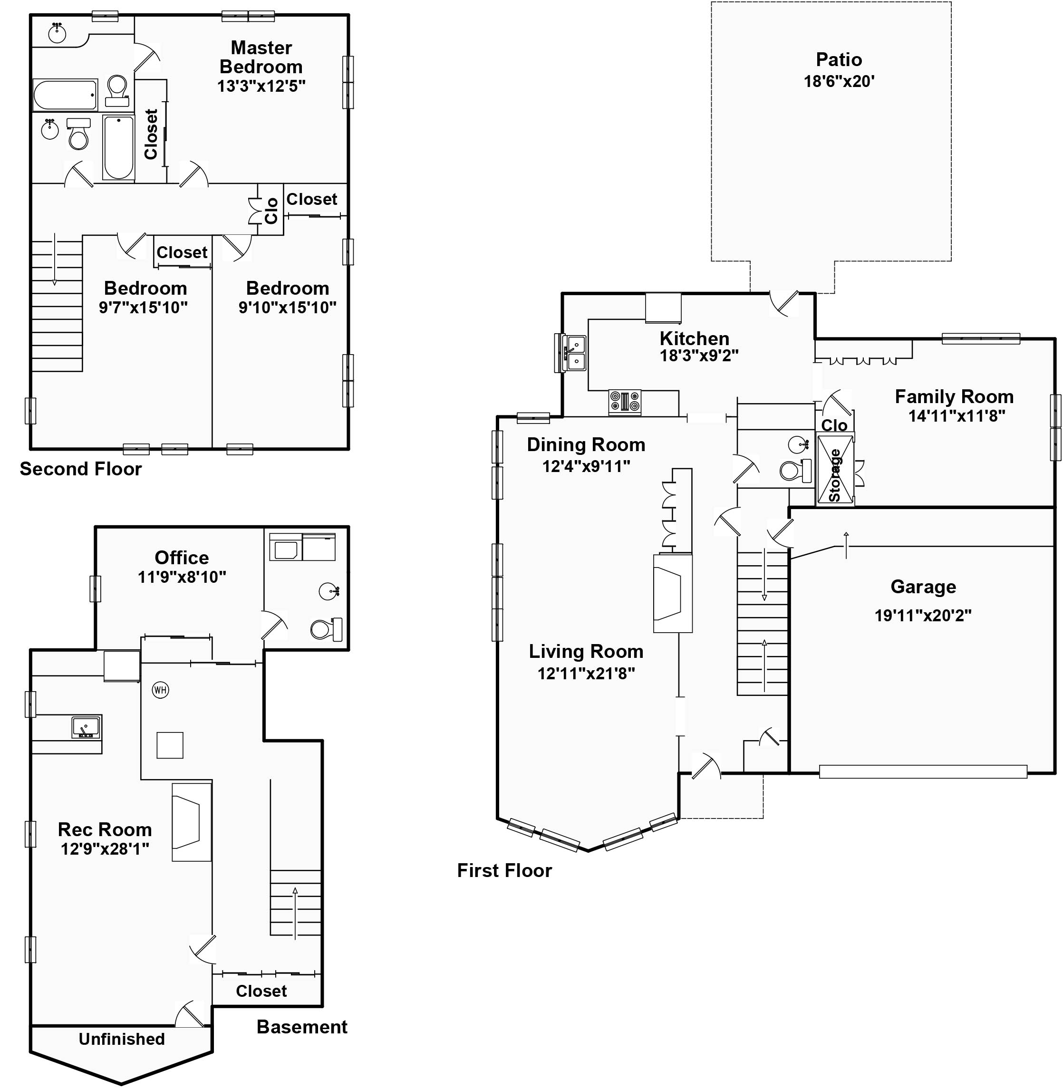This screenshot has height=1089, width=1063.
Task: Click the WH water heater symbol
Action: (160, 690)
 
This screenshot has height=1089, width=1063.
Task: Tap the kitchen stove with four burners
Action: (625, 402)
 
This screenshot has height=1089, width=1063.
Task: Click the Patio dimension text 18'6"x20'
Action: (839, 81)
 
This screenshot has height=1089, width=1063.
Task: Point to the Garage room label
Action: (923, 587)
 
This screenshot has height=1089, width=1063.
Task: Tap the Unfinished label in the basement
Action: (122, 1039)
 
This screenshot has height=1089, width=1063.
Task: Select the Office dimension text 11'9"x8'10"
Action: (182, 577)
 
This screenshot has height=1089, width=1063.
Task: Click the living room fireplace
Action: (672, 593)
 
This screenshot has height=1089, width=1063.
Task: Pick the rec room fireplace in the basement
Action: (191, 822)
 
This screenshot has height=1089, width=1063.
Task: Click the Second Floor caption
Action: (81, 469)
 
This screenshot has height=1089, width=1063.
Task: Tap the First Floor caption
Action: (504, 870)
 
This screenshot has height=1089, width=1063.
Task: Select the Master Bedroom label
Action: (261, 57)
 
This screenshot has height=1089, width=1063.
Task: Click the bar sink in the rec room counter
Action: (86, 727)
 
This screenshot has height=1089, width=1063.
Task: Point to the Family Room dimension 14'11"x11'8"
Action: (957, 416)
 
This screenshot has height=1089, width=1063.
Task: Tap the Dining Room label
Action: (586, 445)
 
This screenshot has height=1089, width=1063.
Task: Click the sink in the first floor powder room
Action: (798, 445)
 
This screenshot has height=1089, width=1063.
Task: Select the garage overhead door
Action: (922, 771)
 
